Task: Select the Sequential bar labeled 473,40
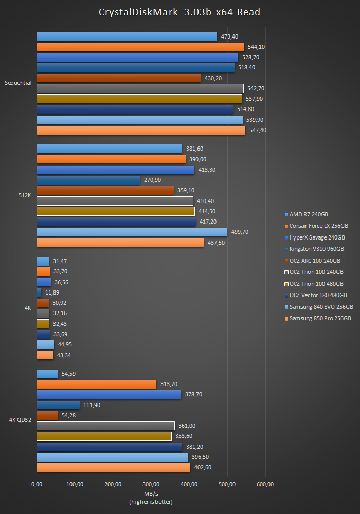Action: click(127, 36)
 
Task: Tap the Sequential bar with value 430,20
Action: click(118, 78)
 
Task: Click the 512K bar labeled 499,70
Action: click(132, 232)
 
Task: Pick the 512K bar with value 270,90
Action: click(88, 180)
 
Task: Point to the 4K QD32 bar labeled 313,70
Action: click(96, 384)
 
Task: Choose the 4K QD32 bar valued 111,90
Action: click(58, 405)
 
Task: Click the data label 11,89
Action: click(53, 292)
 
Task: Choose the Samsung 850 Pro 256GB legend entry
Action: click(320, 319)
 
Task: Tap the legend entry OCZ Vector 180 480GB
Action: click(318, 295)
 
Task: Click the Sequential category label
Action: click(18, 83)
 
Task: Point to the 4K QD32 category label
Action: click(20, 420)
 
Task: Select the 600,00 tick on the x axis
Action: click(265, 484)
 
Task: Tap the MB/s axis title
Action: click(151, 493)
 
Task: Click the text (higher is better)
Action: click(151, 502)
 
